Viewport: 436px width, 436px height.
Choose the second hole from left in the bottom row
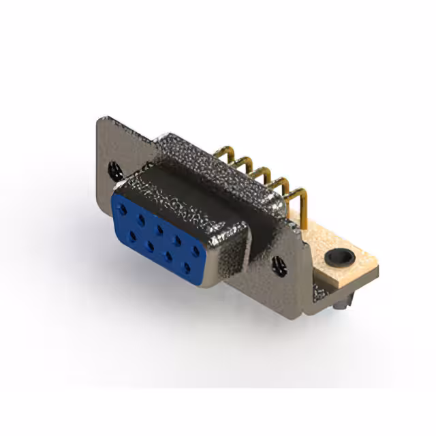(149, 244)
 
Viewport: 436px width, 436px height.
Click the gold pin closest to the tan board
(298, 202)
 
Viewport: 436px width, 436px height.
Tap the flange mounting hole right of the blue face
(278, 266)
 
